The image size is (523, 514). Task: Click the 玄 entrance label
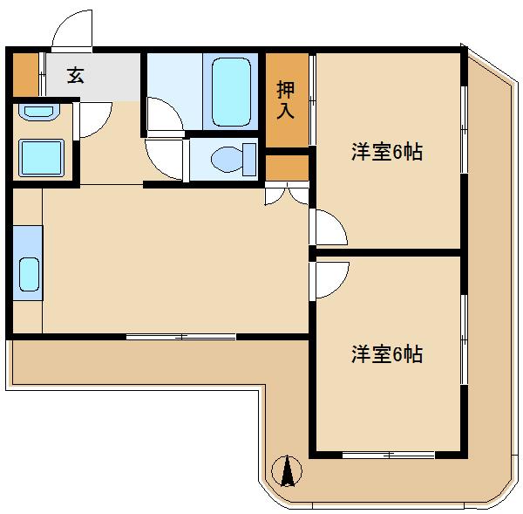click(75, 75)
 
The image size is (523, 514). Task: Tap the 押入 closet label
click(286, 99)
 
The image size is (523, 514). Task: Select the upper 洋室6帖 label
click(387, 152)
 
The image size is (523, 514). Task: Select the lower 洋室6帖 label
click(387, 354)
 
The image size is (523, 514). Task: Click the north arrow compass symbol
click(287, 471)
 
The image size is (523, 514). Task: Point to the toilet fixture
click(234, 160)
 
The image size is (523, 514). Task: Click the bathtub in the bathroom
click(231, 92)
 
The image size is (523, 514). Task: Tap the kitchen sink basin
click(29, 274)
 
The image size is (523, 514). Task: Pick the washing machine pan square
click(41, 158)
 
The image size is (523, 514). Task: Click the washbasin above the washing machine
click(39, 112)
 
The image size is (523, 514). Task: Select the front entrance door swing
click(72, 31)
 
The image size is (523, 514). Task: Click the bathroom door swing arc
click(165, 116)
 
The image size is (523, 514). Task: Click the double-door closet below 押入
click(287, 194)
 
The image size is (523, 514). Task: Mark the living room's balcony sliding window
click(181, 337)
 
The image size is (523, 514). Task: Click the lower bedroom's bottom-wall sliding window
click(389, 455)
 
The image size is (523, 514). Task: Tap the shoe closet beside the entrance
click(25, 75)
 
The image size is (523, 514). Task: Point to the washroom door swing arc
click(93, 120)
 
